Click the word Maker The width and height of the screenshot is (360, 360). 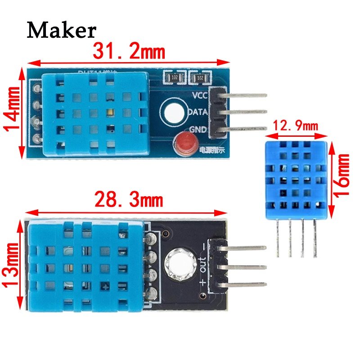coord(62,31)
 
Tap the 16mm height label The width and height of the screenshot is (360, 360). coord(343,177)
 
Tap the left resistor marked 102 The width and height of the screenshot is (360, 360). coord(173,78)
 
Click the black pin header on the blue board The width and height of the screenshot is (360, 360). coord(216,112)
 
